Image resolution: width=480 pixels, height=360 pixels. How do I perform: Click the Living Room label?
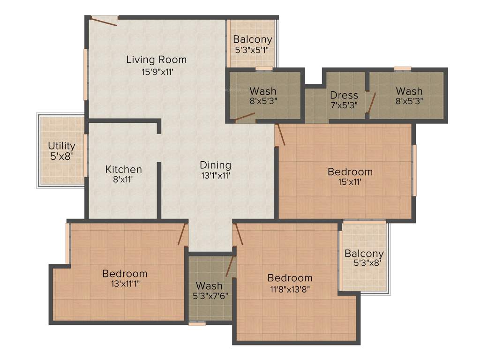coord(156,60)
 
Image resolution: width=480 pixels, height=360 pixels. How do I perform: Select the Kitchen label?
coord(123,169)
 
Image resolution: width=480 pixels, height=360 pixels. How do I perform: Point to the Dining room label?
coord(215,165)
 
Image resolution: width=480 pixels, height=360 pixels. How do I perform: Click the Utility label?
coord(61,146)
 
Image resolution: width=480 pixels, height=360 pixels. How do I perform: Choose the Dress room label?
coord(344,95)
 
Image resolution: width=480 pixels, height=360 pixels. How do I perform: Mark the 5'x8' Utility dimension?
coord(61,156)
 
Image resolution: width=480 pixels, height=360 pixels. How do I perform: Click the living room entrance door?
coord(104,20)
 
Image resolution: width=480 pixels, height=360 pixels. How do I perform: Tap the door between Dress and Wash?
coord(371,104)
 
